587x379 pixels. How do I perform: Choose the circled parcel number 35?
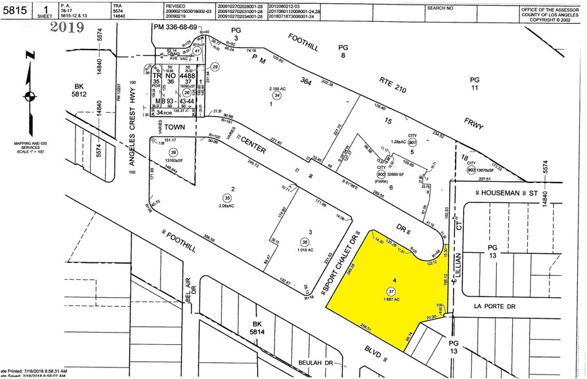tap(226, 198)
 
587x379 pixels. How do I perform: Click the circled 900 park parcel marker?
tap(381, 175)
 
